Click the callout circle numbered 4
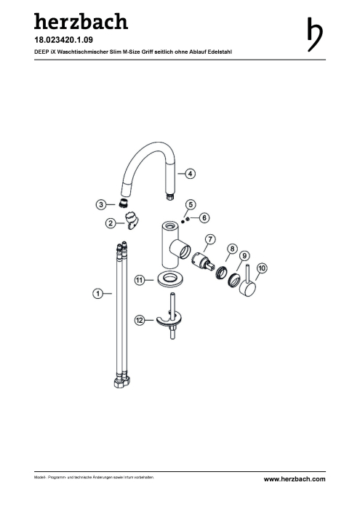(x=191, y=174)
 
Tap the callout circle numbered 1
(x=98, y=294)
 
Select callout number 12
(x=140, y=321)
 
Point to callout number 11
(x=140, y=280)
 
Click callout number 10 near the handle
(x=262, y=268)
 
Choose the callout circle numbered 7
(x=210, y=239)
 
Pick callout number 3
(x=101, y=204)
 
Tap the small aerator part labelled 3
(x=123, y=203)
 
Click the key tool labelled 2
(x=132, y=220)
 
